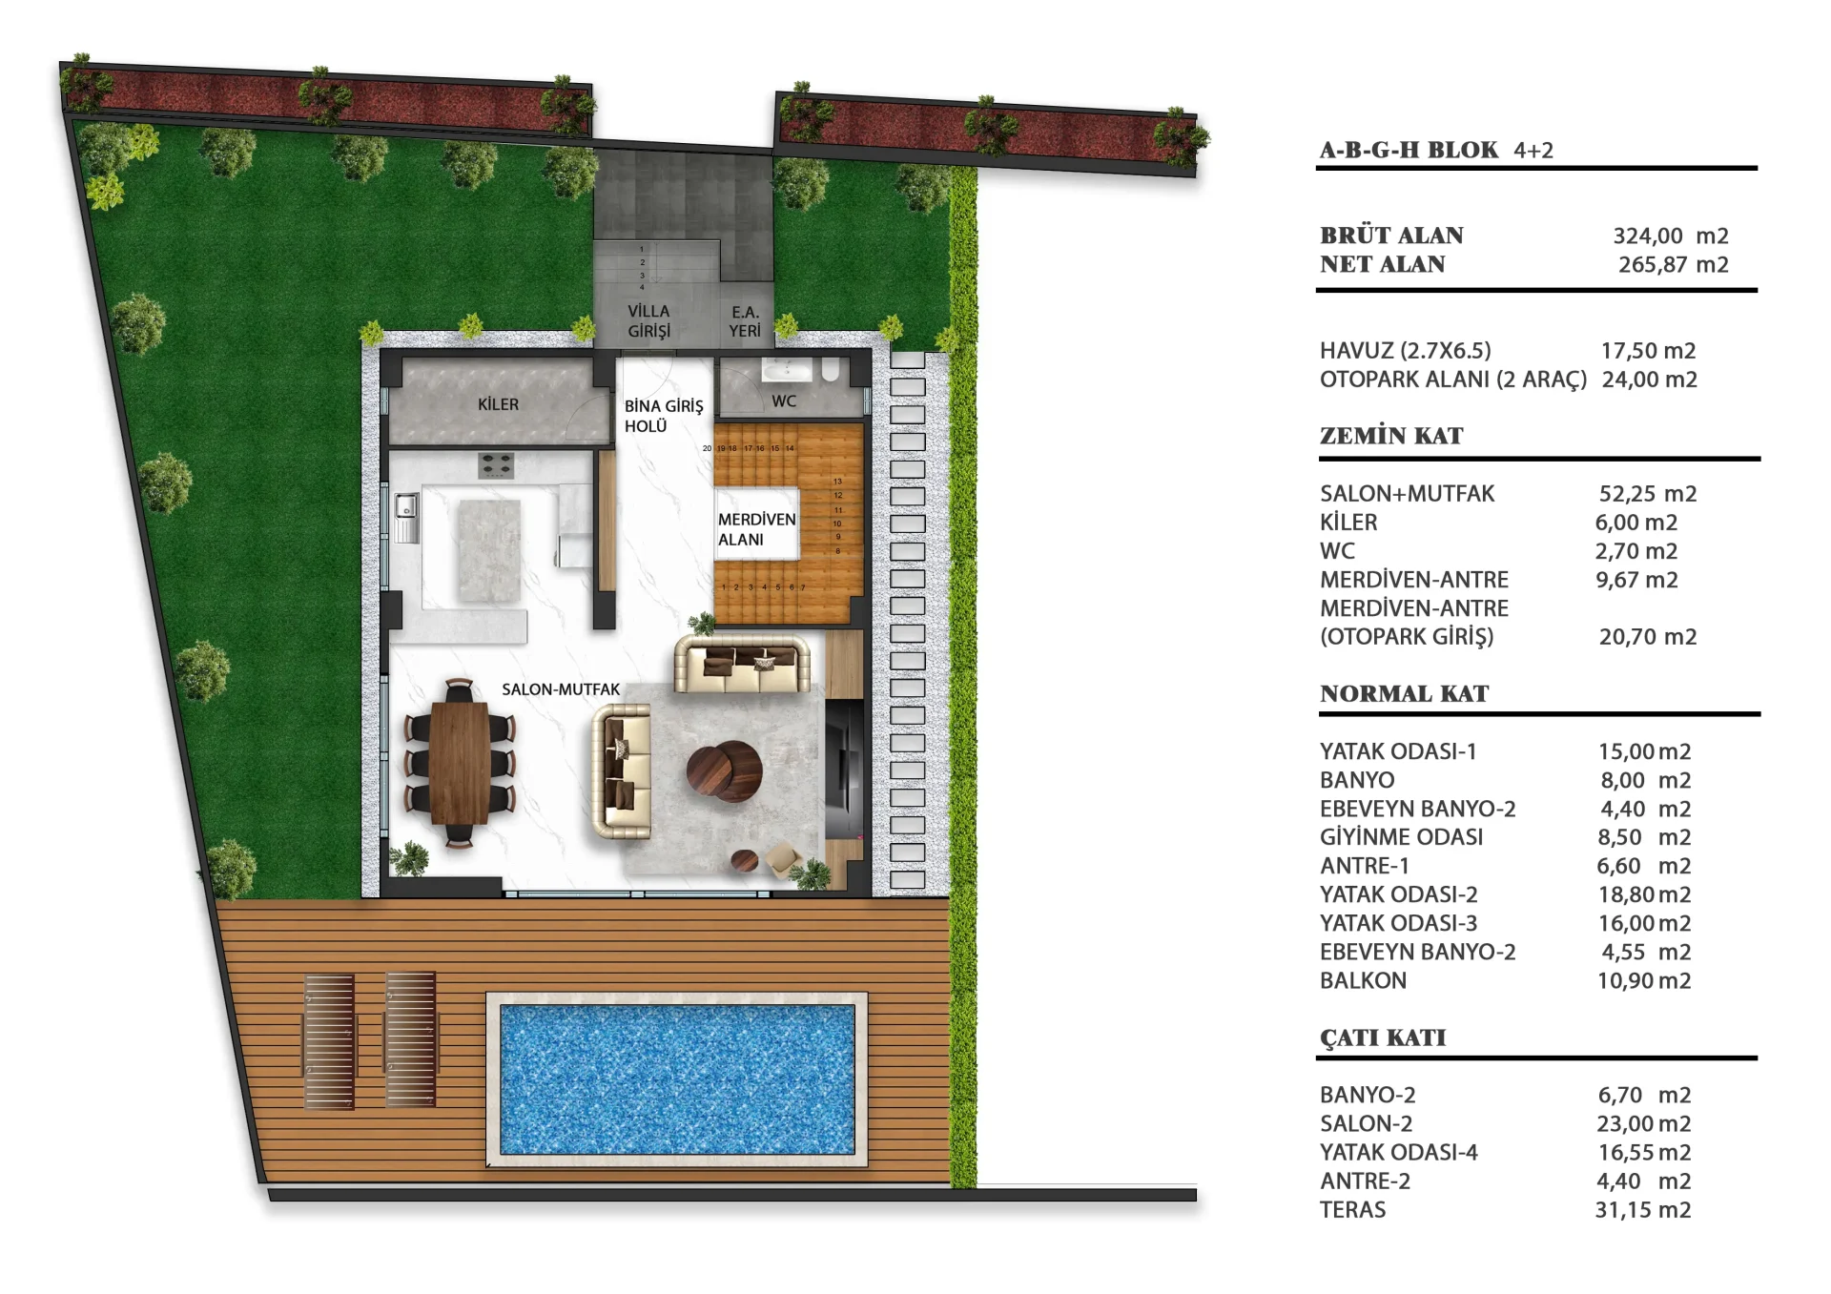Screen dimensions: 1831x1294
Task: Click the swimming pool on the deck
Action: (677, 1078)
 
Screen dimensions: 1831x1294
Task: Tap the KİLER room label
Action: (498, 404)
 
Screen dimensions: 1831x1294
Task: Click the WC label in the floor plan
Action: (784, 401)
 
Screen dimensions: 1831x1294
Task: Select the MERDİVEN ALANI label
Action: (756, 529)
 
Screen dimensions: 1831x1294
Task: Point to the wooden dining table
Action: (460, 762)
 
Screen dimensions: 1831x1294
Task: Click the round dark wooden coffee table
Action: (725, 769)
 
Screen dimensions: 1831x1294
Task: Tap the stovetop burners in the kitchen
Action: (496, 464)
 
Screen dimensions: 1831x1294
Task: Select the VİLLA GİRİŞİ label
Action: (648, 321)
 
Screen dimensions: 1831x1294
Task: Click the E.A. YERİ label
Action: (746, 321)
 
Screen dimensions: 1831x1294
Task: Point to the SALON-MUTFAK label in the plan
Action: (561, 689)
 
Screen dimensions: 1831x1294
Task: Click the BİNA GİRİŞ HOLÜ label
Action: (664, 416)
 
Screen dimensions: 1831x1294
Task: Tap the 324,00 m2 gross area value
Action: (1671, 236)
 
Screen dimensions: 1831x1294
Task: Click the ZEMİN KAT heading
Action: (1391, 436)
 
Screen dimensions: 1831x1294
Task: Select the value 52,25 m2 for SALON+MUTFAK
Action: (1648, 494)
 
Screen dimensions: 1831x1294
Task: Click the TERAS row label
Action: (1353, 1210)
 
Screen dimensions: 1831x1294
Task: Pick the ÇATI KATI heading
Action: (1383, 1037)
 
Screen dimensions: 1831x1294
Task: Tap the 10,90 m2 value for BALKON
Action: (1644, 980)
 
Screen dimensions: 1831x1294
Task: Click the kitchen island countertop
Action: (490, 552)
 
